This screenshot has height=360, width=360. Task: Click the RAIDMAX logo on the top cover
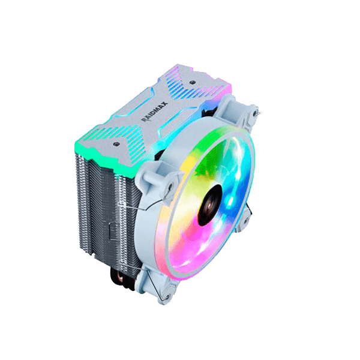click(x=155, y=112)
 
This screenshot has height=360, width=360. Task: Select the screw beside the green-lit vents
click(x=115, y=144)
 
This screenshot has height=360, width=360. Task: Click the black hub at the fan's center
click(x=209, y=205)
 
